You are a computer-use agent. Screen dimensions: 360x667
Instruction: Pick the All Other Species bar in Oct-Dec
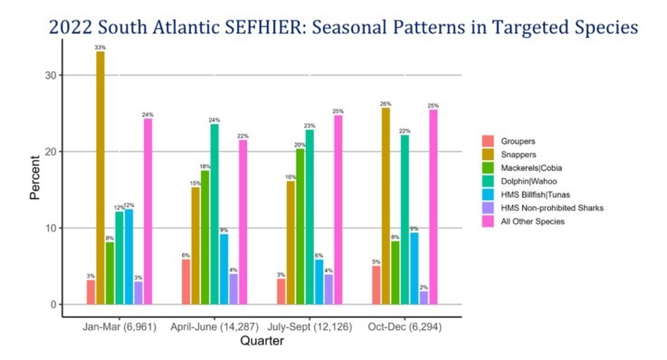tap(434, 207)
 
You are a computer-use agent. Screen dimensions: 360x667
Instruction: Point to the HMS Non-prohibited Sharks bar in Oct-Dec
tap(423, 298)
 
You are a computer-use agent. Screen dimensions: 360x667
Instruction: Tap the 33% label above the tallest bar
tap(100, 46)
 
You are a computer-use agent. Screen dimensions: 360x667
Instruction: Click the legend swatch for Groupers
tap(487, 140)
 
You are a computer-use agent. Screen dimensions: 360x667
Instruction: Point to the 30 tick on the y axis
tap(51, 76)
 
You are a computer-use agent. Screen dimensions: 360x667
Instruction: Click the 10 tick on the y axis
tap(51, 228)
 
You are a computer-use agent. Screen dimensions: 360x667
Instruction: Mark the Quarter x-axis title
tap(266, 342)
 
